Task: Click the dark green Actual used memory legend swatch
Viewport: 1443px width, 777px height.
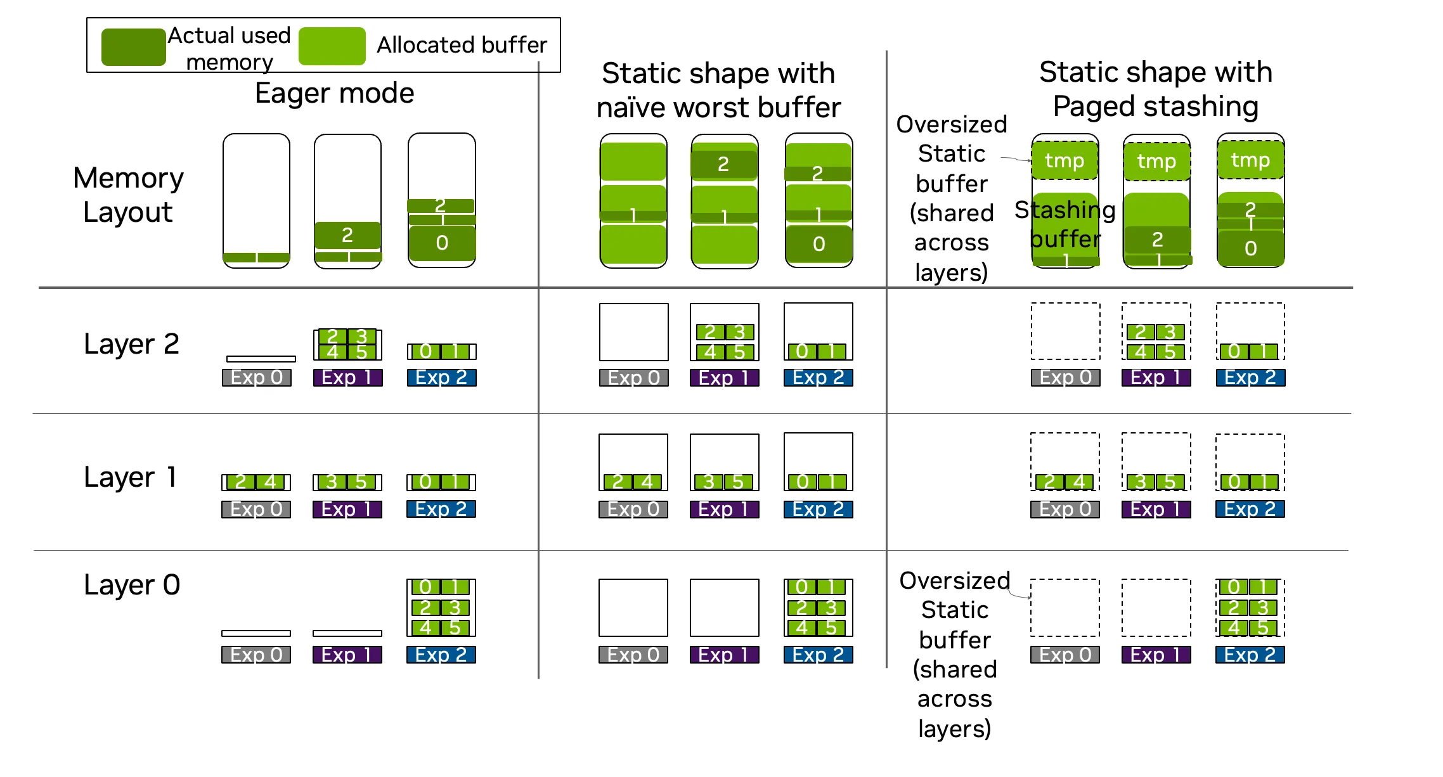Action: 133,47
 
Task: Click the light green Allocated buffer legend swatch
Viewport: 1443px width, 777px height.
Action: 332,46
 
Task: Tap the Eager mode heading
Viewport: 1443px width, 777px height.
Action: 334,93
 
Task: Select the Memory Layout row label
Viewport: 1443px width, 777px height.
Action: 128,195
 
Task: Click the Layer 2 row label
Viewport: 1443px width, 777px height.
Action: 132,344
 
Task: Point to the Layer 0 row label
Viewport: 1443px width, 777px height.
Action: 132,585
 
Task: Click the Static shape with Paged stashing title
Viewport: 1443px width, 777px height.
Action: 1156,89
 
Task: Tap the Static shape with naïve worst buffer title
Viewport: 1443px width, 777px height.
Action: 718,90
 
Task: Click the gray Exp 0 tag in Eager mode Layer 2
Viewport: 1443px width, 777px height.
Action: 256,378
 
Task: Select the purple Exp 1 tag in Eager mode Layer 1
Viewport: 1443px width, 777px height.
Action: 347,510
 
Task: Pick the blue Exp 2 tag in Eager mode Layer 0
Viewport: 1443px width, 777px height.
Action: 441,655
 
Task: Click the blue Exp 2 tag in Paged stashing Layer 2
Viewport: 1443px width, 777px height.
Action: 1250,378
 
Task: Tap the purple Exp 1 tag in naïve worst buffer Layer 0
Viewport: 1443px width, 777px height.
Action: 725,655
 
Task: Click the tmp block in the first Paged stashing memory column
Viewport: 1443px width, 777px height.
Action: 1065,160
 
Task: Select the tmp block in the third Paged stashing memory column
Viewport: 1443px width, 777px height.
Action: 1251,160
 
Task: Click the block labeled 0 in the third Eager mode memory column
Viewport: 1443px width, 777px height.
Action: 442,243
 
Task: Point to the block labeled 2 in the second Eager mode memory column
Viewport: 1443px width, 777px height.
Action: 347,235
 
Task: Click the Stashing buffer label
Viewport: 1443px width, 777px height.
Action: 1065,224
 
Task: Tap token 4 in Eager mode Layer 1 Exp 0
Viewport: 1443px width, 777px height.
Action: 270,482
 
